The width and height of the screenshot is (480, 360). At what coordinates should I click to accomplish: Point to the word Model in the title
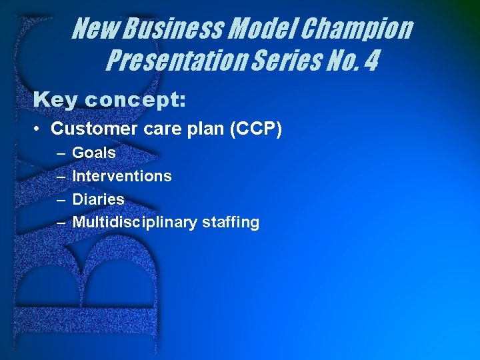pyautogui.click(x=266, y=29)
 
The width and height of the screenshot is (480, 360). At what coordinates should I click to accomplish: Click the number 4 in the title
pyautogui.click(x=371, y=61)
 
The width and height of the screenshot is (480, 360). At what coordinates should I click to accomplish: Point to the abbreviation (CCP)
pyautogui.click(x=256, y=128)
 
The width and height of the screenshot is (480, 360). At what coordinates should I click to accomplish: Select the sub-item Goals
pyautogui.click(x=93, y=153)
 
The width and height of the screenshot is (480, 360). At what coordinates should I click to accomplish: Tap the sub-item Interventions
pyautogui.click(x=121, y=176)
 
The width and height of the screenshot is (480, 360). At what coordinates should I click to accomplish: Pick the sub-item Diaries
pyautogui.click(x=98, y=199)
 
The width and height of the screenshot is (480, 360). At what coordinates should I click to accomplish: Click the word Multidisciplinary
pyautogui.click(x=136, y=222)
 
